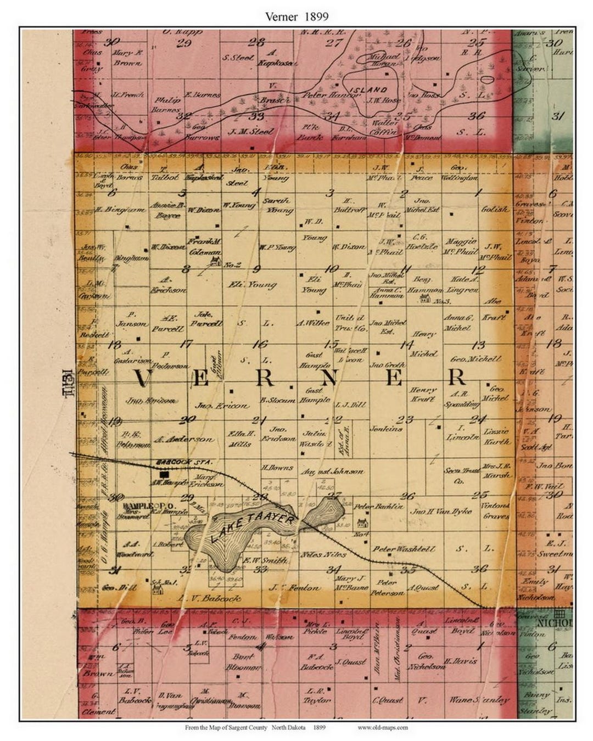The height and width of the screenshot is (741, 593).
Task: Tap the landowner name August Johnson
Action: point(332,471)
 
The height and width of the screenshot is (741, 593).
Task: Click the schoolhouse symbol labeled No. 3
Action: point(424,298)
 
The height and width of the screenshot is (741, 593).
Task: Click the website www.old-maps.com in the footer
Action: point(383,728)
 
